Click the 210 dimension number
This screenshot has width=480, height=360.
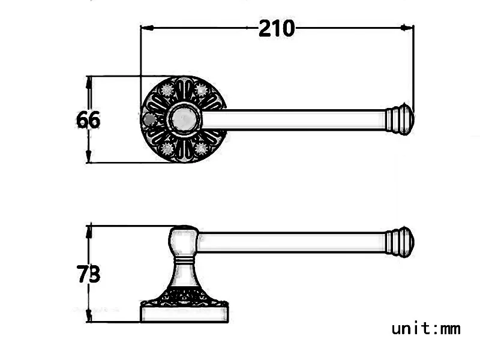point(277,28)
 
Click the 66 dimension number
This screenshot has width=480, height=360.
point(88,120)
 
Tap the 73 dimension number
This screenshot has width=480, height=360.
point(88,274)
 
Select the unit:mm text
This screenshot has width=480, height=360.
point(426,328)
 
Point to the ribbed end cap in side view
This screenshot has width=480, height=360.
point(399,242)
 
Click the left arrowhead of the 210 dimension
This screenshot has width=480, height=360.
point(146,28)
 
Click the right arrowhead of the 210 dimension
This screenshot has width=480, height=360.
point(408,28)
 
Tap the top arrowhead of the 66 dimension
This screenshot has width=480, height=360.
point(89,81)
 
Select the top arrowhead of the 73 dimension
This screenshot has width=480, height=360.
point(89,230)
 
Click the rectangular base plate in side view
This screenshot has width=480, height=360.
point(185,314)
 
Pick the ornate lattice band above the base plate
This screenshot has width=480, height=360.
point(185,297)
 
